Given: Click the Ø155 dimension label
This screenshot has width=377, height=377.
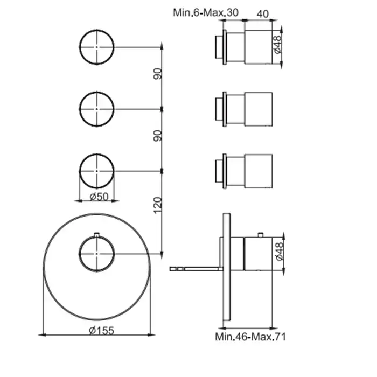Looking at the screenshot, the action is (101, 331).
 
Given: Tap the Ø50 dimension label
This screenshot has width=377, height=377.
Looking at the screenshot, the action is (99, 197).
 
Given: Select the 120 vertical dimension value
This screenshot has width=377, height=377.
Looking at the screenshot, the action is (157, 205).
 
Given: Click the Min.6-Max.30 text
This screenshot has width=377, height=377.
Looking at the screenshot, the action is (206, 12).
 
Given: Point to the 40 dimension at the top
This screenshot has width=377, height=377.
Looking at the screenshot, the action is (263, 14).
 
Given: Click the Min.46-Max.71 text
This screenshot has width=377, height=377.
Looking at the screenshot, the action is (250, 337).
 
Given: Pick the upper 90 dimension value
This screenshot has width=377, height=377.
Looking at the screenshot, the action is (158, 74).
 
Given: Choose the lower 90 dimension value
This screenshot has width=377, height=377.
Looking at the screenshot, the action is (158, 136).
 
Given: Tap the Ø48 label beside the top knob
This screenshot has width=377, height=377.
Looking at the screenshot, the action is (277, 45).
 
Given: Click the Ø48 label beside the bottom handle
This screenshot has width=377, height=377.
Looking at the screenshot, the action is (280, 252).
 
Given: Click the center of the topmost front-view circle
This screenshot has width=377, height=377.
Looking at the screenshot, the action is (96, 47).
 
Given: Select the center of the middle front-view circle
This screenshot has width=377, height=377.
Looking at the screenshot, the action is (96, 109).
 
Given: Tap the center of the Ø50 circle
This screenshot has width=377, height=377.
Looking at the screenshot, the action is (96, 171).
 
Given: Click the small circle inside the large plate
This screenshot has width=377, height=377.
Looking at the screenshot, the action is (96, 254).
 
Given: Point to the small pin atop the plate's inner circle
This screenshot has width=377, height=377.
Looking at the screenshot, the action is (96, 234).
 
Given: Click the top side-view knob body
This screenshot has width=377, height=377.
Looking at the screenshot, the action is (258, 47).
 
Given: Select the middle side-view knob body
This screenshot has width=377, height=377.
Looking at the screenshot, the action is (258, 109).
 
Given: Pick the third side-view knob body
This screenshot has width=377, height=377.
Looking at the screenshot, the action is (258, 171).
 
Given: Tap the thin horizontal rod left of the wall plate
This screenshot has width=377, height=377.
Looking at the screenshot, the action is (196, 269).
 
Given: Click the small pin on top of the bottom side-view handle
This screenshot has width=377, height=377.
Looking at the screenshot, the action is (260, 235).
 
